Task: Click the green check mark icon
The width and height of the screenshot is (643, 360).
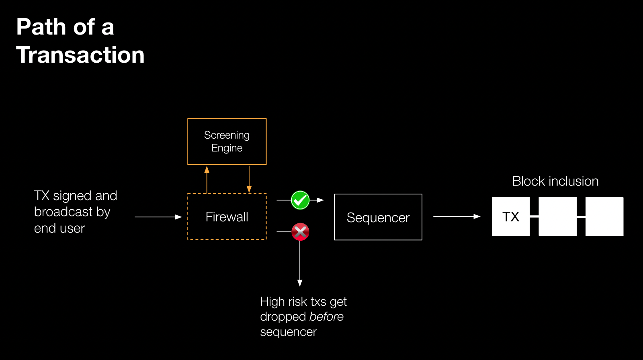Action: pyautogui.click(x=300, y=200)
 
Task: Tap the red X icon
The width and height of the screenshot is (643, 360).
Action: pyautogui.click(x=300, y=232)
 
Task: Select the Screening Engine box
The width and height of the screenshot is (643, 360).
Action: pyautogui.click(x=227, y=141)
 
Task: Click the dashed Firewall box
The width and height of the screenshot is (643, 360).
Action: pyautogui.click(x=227, y=217)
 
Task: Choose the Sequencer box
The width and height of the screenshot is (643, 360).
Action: pyautogui.click(x=378, y=217)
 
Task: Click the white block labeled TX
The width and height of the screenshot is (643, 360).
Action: pyautogui.click(x=511, y=217)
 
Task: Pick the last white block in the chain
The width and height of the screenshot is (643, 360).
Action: pyautogui.click(x=604, y=217)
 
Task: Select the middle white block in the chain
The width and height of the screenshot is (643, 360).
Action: pyautogui.click(x=557, y=217)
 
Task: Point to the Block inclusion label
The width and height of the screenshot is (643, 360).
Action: pyautogui.click(x=555, y=181)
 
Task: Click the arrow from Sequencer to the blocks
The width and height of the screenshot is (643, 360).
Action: pyautogui.click(x=457, y=217)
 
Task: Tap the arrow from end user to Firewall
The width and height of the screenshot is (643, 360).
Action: pyautogui.click(x=158, y=217)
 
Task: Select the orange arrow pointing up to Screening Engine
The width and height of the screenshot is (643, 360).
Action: pyautogui.click(x=207, y=180)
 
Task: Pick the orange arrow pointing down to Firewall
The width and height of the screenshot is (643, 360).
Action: pyautogui.click(x=249, y=180)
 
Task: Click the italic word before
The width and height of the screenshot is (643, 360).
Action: pyautogui.click(x=326, y=317)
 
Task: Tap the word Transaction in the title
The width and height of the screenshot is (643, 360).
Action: pyautogui.click(x=80, y=55)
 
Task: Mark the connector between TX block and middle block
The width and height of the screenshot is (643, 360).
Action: pyautogui.click(x=534, y=217)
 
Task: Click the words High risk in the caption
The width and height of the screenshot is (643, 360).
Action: pyautogui.click(x=283, y=301)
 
